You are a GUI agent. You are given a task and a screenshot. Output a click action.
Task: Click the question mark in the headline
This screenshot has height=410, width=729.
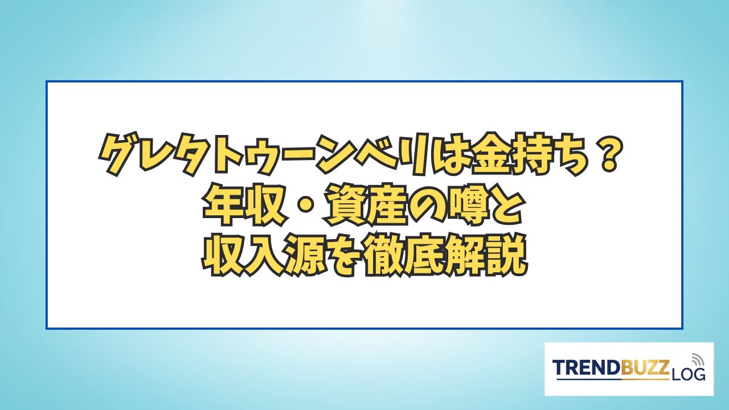(x=607, y=157)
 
